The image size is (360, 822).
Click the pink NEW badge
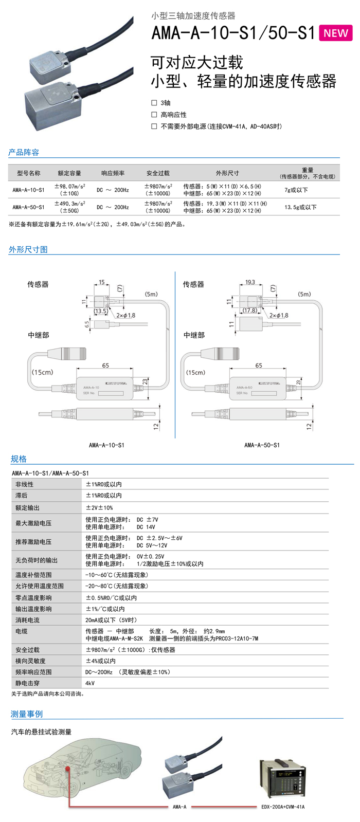tap(336, 33)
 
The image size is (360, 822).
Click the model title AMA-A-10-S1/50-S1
tap(233, 33)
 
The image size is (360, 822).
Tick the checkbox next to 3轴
tap(154, 103)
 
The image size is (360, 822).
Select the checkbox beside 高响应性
tap(154, 115)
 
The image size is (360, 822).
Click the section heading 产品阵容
tap(24, 152)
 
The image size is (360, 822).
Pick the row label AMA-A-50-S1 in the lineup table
tap(29, 207)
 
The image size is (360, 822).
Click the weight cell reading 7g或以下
tap(296, 190)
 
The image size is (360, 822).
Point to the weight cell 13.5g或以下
tap(300, 207)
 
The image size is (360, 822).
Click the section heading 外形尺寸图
tap(28, 249)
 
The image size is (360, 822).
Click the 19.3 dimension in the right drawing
tap(250, 282)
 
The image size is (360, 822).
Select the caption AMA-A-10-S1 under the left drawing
tap(106, 445)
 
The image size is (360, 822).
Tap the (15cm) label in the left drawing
tap(42, 372)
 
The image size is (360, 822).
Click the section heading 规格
tap(19, 459)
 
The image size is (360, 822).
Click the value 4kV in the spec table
tap(90, 683)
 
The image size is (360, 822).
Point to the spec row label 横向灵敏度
tap(31, 661)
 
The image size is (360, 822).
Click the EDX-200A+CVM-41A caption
tap(282, 807)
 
